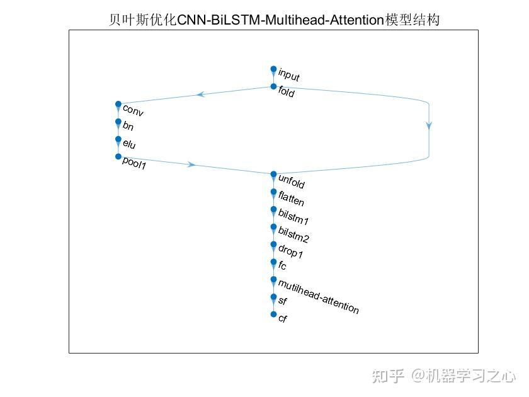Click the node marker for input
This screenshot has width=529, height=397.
(273, 69)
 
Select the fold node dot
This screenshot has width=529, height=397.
(273, 86)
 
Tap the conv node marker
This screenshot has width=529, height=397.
(118, 104)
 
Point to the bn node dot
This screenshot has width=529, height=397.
(118, 122)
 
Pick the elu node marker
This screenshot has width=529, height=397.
(118, 139)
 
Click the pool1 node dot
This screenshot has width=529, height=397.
(118, 156)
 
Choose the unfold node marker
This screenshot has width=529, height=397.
(273, 174)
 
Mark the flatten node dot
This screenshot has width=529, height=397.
(273, 192)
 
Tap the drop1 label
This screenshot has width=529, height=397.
(291, 253)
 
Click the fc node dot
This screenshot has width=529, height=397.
(273, 262)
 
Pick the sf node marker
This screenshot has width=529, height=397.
(273, 297)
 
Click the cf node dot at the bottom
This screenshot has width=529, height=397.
(273, 314)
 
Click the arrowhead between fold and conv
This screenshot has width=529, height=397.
(202, 95)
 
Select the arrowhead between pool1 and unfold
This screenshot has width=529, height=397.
(192, 164)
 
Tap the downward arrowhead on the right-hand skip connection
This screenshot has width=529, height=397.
(429, 125)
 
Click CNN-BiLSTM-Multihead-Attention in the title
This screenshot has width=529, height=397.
(280, 20)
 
